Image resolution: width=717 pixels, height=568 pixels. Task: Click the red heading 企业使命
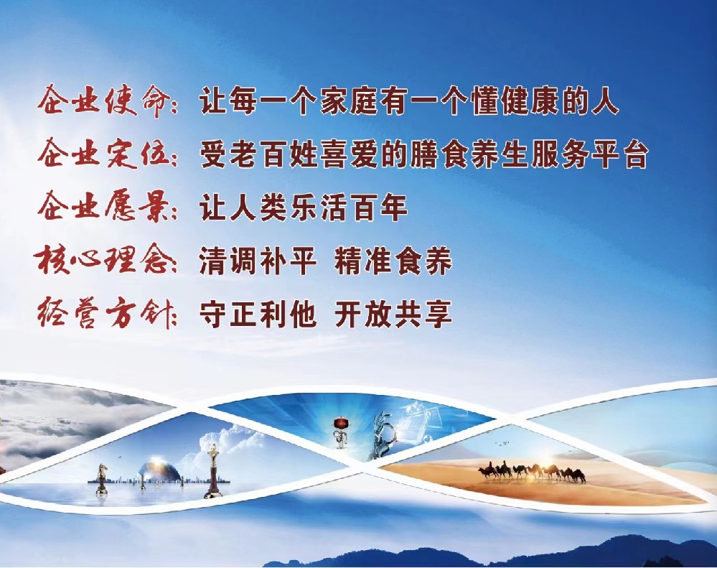[x=101, y=100]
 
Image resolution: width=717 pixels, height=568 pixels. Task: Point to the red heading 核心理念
[x=101, y=260]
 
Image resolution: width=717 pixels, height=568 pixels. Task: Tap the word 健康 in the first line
[x=530, y=101]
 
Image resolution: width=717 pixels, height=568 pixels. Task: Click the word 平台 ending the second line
[x=619, y=154]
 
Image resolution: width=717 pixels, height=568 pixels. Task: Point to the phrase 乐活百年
[x=348, y=208]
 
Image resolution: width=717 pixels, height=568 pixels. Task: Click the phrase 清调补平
[x=258, y=261]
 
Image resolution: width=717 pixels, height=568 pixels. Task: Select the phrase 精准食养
[x=393, y=261]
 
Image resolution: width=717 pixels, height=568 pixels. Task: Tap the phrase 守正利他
[x=258, y=314]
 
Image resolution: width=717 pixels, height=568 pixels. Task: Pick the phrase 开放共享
[x=393, y=314]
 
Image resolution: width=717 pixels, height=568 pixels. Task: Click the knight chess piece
[x=101, y=478]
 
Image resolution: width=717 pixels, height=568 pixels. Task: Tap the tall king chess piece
[x=212, y=471]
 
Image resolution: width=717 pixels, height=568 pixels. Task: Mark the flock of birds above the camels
[x=502, y=442]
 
